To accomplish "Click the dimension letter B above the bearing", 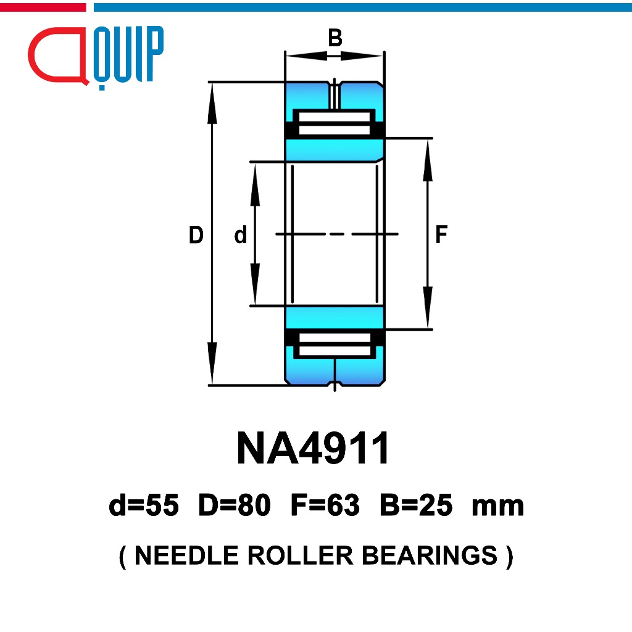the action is tap(335, 38).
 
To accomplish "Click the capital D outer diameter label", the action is tap(196, 235).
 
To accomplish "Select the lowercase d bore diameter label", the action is tap(240, 235).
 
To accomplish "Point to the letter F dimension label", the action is tap(441, 235).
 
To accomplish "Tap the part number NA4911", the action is tap(313, 448).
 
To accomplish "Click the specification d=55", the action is tap(144, 505).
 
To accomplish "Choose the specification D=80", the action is tap(235, 505).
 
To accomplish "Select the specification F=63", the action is tap(325, 505).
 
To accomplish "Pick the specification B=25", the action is tap(417, 505).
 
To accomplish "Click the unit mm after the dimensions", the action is tap(498, 507).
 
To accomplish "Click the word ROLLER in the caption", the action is tap(301, 555).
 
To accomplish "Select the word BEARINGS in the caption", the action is tap(430, 555).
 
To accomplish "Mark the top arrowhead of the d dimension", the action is tap(255, 185).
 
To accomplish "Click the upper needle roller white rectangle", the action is tap(335, 123).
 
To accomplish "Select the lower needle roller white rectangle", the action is tap(335, 344).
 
